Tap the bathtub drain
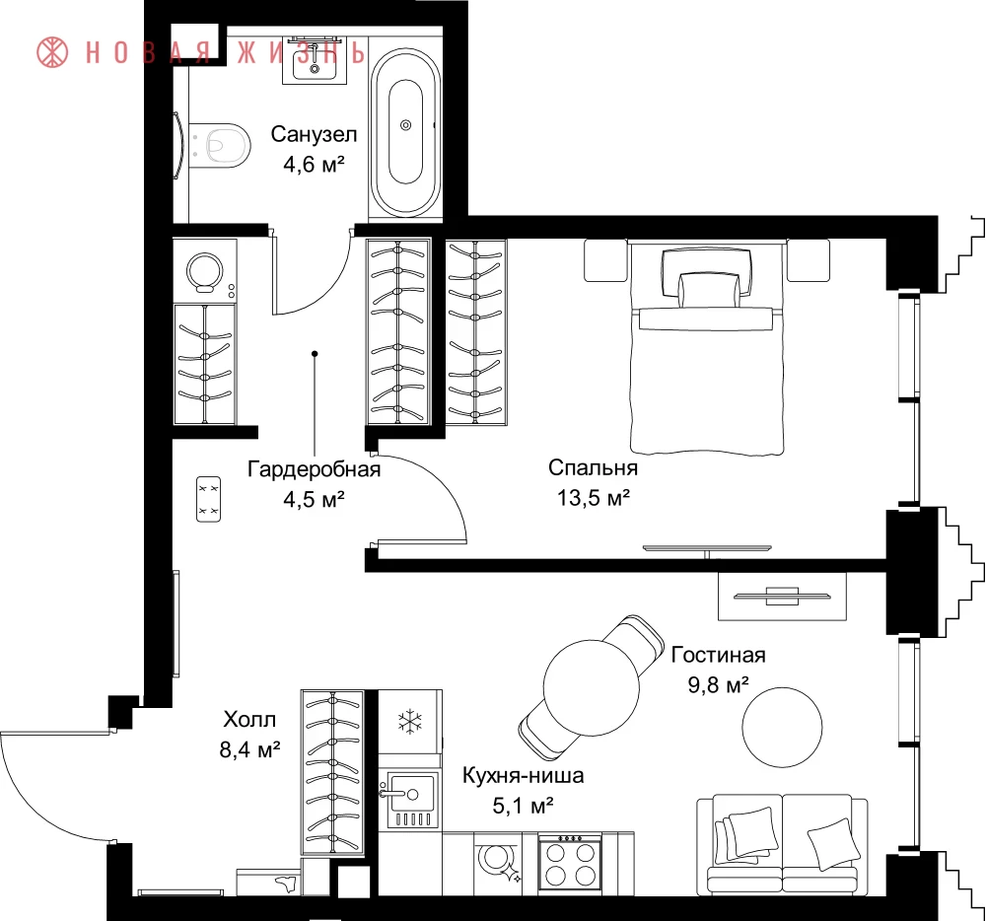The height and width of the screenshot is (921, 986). click(x=405, y=125)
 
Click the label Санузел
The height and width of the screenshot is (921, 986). click(x=314, y=134)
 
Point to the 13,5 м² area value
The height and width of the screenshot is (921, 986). click(x=593, y=498)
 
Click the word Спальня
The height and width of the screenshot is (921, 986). click(x=593, y=467)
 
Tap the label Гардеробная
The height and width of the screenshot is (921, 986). click(x=314, y=469)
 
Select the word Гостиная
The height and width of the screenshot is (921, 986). click(x=718, y=655)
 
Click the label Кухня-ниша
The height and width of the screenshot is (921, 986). click(x=524, y=776)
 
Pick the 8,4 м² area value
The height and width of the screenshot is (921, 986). click(x=249, y=749)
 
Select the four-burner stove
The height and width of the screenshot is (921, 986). click(x=570, y=862)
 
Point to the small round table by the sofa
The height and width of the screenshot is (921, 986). click(x=782, y=727)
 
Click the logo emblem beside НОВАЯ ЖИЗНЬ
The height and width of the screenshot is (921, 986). click(x=53, y=52)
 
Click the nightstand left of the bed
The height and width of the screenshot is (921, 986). click(x=606, y=259)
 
